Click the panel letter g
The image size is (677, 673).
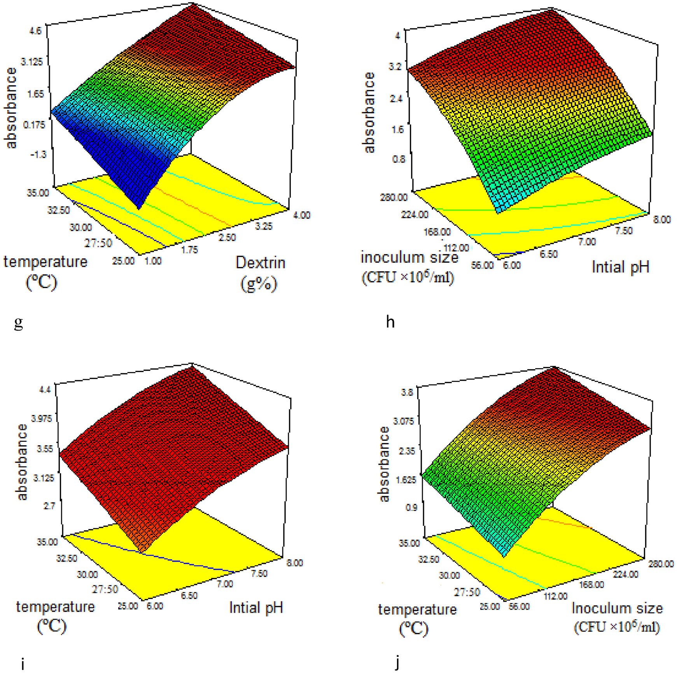pos(18,323)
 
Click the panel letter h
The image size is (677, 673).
pos(390,322)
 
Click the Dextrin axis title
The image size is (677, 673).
pos(260,263)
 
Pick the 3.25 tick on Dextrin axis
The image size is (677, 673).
pos(263,226)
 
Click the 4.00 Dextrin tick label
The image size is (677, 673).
pos(301,215)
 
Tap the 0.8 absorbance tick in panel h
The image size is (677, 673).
pos(398,159)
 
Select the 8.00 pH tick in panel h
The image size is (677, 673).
pos(661,220)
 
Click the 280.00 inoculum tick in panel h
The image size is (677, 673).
pos(394,197)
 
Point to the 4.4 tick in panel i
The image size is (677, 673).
pos(45,390)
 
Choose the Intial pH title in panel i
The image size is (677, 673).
pos(256,608)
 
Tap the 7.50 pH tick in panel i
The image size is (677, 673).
pos(259,573)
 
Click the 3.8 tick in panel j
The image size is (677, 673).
pos(407,392)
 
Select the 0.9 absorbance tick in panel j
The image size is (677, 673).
pos(411,508)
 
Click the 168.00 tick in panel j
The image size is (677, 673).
pos(592,585)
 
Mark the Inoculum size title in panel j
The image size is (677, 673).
pos(617,608)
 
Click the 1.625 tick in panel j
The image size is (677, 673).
pos(406,480)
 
